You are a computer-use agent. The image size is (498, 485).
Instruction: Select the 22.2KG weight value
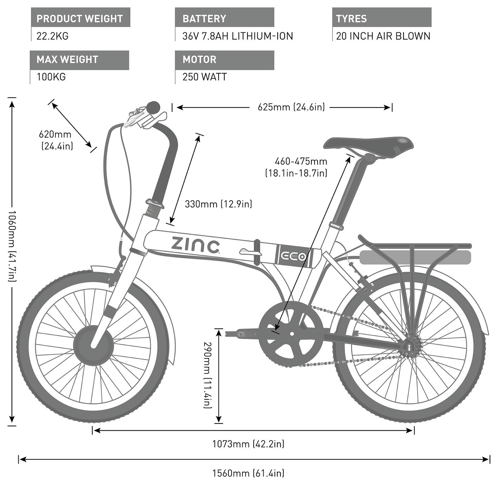click(x=52, y=36)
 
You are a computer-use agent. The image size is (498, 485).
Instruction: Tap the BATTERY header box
click(x=225, y=17)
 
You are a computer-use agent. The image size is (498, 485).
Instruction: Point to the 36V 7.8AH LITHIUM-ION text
click(x=238, y=36)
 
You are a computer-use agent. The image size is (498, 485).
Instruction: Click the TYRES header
click(x=382, y=17)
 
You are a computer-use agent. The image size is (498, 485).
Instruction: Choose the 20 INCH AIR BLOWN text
click(x=383, y=36)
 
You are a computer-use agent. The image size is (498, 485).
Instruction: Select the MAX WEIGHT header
click(x=79, y=60)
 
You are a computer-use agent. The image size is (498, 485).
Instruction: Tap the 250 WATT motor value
click(x=205, y=77)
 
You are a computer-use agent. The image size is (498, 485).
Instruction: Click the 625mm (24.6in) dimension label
click(x=291, y=107)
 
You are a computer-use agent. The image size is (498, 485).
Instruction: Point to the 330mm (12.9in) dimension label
click(x=218, y=204)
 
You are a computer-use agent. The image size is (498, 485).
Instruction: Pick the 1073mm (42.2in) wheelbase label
click(x=248, y=444)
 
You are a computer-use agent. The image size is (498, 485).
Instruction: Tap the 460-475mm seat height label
click(x=296, y=167)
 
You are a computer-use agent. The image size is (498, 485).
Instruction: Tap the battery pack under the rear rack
click(x=415, y=257)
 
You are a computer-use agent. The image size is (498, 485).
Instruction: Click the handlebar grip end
click(x=153, y=107)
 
